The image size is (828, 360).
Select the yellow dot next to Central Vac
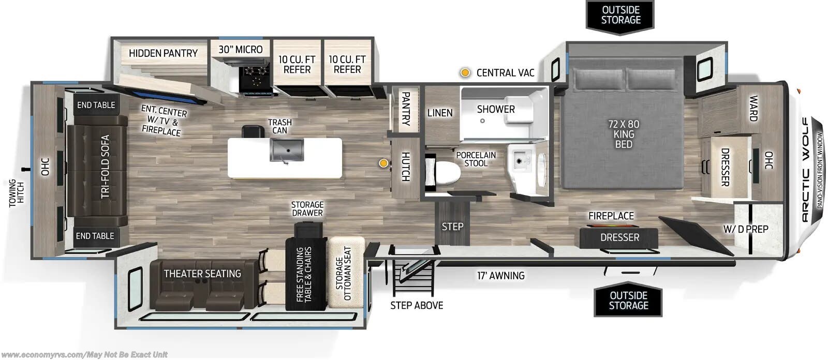(x=465, y=73)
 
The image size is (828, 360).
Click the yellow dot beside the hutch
(x=383, y=163)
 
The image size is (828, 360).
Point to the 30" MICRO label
(x=240, y=50)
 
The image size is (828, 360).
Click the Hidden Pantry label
(x=163, y=53)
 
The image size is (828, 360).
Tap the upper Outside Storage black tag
(x=620, y=16)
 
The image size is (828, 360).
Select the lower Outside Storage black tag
(x=628, y=301)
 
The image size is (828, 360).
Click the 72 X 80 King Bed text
(x=624, y=134)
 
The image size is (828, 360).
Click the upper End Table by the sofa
(x=96, y=105)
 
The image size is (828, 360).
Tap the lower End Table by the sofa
(x=95, y=236)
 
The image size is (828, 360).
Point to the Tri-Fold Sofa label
(x=106, y=167)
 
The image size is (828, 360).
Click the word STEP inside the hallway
(x=452, y=227)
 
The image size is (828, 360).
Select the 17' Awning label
(x=500, y=276)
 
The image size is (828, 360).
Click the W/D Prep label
(x=746, y=229)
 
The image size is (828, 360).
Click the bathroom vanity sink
(x=520, y=160)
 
